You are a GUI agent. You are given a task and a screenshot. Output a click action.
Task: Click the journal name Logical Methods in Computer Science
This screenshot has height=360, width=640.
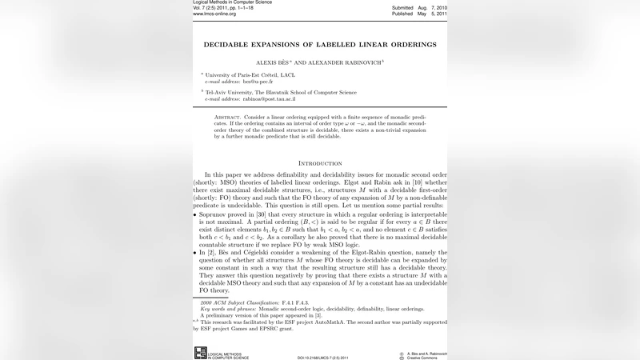(x=232, y=2)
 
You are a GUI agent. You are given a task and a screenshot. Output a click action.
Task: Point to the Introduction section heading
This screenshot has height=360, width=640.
(x=320, y=163)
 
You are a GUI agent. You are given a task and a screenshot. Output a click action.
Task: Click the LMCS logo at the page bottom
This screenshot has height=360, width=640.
(x=201, y=352)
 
